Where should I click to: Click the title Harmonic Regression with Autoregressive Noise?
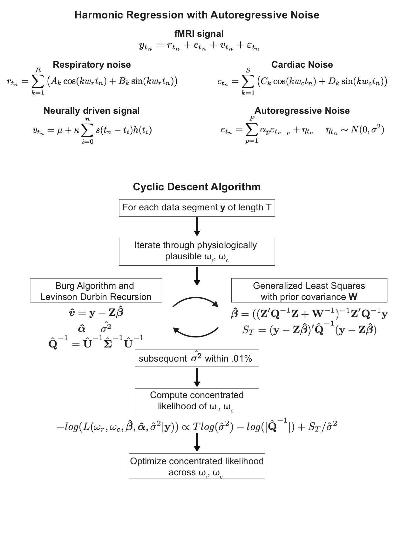click(197, 15)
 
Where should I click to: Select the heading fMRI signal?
click(199, 34)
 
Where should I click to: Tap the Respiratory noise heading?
click(92, 65)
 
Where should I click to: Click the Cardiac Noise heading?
click(302, 65)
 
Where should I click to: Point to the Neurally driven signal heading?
click(92, 111)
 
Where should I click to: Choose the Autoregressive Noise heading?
click(302, 111)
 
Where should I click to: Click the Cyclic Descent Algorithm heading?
click(197, 187)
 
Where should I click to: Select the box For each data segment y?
click(197, 208)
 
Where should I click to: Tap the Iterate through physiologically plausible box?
click(197, 251)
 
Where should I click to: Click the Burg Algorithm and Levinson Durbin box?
click(96, 290)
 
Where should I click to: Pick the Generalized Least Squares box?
click(309, 290)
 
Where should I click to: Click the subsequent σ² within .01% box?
click(197, 358)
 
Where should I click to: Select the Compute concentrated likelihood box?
click(197, 401)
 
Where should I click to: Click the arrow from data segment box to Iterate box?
click(197, 227)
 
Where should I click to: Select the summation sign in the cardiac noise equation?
click(248, 82)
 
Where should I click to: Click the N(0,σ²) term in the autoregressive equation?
click(367, 130)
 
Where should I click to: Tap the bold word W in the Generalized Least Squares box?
click(353, 297)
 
